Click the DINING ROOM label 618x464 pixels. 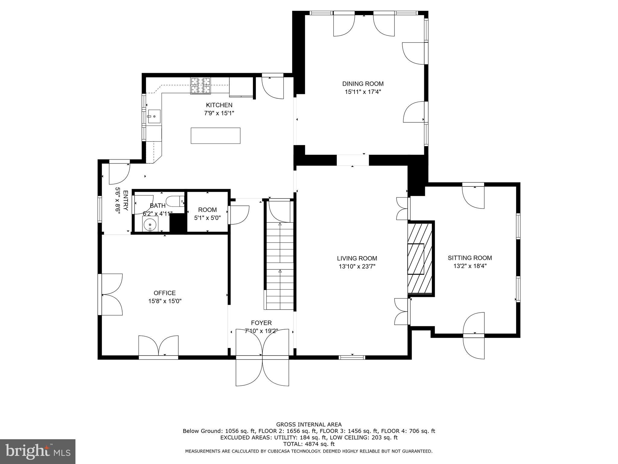point(363,84)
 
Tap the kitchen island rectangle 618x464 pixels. point(215,136)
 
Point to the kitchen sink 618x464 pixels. point(154,117)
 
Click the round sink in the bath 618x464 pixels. point(150,224)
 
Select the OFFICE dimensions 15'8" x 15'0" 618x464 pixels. point(165,301)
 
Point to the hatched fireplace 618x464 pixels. point(420,258)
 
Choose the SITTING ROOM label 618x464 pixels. point(470,258)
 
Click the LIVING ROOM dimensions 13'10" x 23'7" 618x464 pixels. point(357,266)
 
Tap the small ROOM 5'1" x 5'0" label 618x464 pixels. point(207,210)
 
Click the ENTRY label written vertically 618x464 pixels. point(126,201)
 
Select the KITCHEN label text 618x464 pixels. point(219,105)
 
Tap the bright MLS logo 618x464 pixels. point(37,451)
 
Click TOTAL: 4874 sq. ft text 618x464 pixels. point(309,444)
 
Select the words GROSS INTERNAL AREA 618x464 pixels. point(309,424)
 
